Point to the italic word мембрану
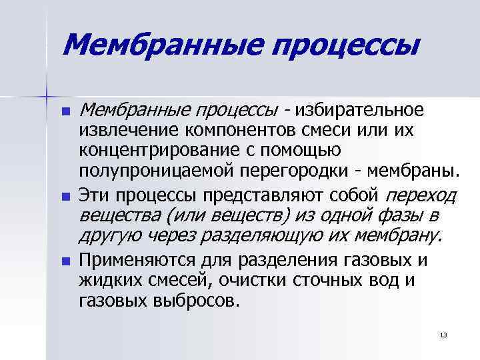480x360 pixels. point(397,236)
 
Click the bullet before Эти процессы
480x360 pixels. point(65,197)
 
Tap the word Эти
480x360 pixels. point(95,195)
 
